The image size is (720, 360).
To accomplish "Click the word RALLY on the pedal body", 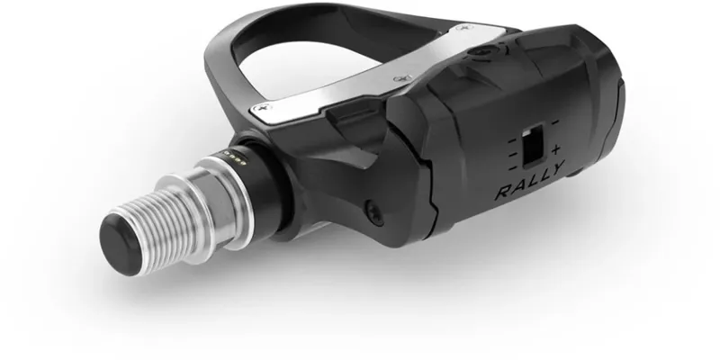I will point(528,192).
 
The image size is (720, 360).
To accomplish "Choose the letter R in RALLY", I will point(502,193).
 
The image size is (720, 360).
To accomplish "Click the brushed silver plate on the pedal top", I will point(378,72).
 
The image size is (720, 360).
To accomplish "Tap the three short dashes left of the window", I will point(511,149).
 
